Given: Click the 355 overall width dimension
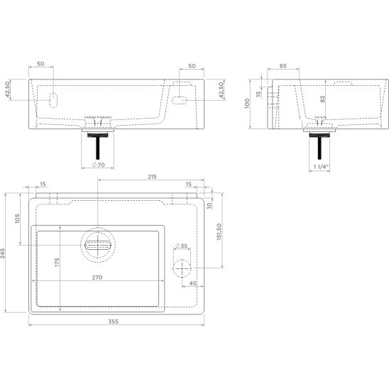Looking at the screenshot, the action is pyautogui.click(x=114, y=322).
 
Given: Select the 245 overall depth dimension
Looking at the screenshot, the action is pyautogui.click(x=3, y=253).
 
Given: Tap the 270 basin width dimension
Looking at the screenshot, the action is pyautogui.click(x=97, y=278).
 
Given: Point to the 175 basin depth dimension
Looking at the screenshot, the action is pyautogui.click(x=57, y=263).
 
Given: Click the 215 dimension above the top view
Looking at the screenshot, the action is pyautogui.click(x=152, y=177).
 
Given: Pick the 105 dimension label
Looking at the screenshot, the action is pyautogui.click(x=17, y=219).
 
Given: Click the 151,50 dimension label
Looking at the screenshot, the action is pyautogui.click(x=219, y=232).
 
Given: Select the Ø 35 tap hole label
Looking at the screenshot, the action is pyautogui.click(x=181, y=246).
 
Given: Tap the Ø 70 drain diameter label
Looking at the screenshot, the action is pyautogui.click(x=99, y=165).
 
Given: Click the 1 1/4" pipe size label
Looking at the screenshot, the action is pyautogui.click(x=321, y=167).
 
